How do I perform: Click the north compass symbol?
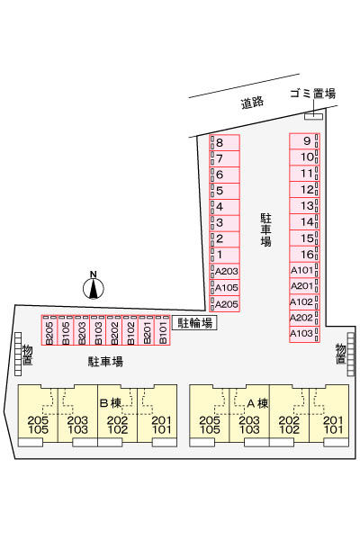94,288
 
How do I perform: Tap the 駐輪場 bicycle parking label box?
194,323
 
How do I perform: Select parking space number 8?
225,142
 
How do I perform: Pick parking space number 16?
304,255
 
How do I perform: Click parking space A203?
225,272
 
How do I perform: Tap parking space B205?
49,330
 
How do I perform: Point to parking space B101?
163,330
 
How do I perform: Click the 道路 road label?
252,103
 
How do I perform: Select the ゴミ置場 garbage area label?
313,94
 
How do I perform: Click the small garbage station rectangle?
313,116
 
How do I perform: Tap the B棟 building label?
111,402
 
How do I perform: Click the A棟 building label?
257,402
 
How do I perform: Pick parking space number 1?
225,256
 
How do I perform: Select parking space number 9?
304,141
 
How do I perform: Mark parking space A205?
225,304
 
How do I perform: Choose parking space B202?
114,330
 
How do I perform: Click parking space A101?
304,270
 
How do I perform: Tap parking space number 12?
304,190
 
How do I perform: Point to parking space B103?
98,330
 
